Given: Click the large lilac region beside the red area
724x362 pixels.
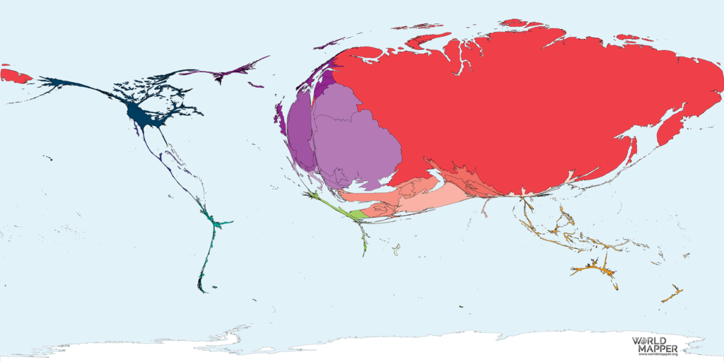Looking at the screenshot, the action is click(354, 141).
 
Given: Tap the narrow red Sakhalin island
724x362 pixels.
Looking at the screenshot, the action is click(632, 149).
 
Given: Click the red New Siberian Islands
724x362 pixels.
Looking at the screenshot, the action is click(626, 37).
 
